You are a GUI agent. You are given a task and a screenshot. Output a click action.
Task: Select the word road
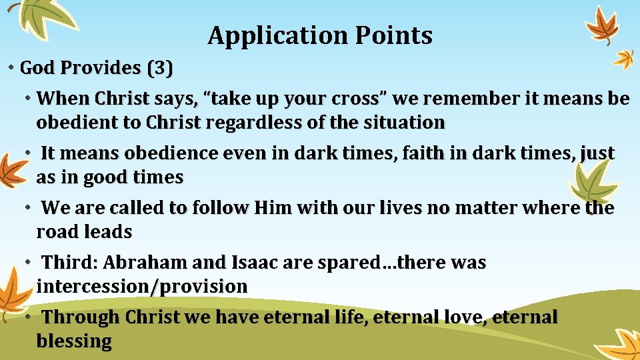pos(53,232)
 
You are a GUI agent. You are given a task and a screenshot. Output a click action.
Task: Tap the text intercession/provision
pos(142,287)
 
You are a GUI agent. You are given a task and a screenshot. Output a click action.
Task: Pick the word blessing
pos(74,341)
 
